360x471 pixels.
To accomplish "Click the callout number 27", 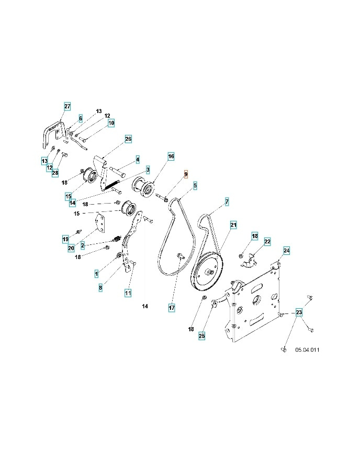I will [67, 106].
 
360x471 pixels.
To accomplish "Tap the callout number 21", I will [233, 225].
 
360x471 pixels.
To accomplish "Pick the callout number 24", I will [286, 251].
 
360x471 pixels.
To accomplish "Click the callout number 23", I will [299, 313].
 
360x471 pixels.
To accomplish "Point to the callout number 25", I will [202, 336].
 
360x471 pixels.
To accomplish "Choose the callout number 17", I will [172, 308].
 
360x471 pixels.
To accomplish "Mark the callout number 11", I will [128, 293].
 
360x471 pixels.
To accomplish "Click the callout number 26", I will [128, 139].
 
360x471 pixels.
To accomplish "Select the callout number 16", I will [171, 156].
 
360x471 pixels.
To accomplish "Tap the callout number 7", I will [227, 201].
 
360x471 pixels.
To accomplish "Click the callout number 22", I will [267, 242].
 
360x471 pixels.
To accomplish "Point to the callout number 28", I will [55, 173].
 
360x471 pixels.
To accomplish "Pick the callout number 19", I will [65, 239].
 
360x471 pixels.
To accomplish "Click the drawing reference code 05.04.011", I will [307, 350].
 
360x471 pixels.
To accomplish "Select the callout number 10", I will [111, 123].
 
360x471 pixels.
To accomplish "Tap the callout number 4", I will [138, 159].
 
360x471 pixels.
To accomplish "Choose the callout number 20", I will [71, 248].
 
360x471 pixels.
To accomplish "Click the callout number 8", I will [100, 287].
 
